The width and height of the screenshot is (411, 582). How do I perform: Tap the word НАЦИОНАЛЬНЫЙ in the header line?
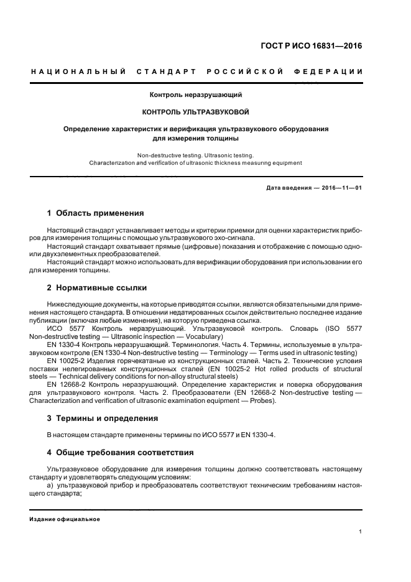pos(78,72)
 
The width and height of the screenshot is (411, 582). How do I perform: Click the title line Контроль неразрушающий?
pos(195,95)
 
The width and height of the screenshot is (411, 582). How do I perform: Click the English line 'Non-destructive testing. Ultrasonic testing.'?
pos(195,154)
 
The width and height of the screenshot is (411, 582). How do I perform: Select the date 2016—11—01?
pos(341,187)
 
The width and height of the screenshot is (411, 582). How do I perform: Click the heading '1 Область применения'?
pos(95,213)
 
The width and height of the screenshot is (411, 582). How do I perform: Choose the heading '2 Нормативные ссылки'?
pos(97,288)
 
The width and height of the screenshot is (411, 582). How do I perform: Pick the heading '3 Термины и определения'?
pos(103,418)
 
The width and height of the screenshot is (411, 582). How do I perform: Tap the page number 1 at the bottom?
pos(361,532)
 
